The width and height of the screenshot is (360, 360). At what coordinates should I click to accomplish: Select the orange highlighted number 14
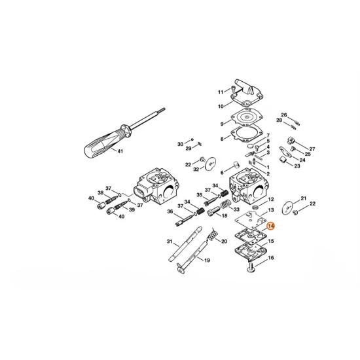[271, 225]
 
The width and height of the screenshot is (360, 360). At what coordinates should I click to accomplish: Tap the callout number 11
[221, 91]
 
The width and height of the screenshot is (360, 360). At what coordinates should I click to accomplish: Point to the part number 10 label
[221, 105]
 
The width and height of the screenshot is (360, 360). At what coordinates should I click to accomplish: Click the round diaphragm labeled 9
[245, 122]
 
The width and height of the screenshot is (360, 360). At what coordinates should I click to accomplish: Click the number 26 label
[284, 115]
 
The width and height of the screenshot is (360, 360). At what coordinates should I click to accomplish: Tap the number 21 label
[303, 198]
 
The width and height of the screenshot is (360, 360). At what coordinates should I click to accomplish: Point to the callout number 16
[271, 258]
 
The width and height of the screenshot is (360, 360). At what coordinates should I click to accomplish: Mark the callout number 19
[189, 261]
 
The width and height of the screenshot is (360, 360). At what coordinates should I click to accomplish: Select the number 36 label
[170, 211]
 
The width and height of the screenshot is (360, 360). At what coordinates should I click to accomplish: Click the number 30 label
[181, 144]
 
